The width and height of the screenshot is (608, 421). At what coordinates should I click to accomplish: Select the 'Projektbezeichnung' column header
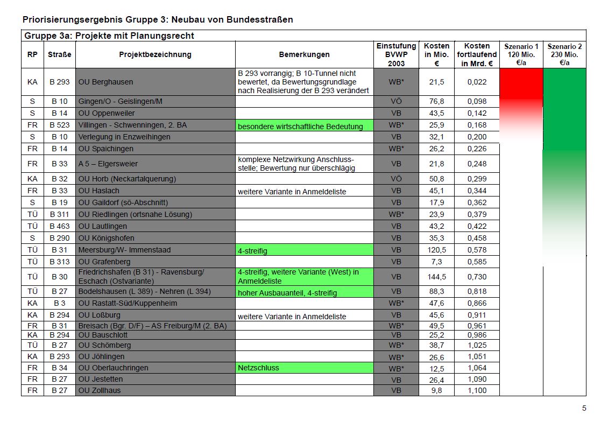tap(155, 54)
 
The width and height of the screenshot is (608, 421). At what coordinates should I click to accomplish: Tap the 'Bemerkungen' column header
tap(304, 54)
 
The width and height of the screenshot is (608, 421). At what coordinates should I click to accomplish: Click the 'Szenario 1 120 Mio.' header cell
tap(521, 54)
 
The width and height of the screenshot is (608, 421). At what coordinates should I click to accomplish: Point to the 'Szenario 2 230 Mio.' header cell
tap(564, 54)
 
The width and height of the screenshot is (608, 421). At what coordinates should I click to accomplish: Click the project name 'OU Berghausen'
tap(105, 82)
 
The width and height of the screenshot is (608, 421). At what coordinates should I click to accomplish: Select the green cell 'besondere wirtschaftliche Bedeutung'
tap(304, 126)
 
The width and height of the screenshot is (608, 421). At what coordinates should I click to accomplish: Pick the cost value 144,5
tap(436, 277)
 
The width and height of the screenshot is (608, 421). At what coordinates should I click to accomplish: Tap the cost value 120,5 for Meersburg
tap(436, 250)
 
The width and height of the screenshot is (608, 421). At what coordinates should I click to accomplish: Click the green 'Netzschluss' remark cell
tap(304, 368)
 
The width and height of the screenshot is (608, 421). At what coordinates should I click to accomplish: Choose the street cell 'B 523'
tap(59, 125)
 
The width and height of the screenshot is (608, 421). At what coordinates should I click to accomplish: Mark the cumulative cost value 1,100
tap(477, 390)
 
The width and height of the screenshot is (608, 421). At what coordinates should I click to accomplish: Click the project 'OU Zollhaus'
tap(100, 390)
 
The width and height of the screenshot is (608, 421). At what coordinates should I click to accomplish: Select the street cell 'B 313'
tap(59, 262)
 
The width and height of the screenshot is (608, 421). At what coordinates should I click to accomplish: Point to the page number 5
tap(584, 408)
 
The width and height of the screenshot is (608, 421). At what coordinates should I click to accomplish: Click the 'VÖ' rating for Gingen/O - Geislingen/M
tap(396, 101)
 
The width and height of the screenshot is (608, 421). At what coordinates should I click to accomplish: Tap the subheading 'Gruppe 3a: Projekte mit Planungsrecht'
tap(109, 36)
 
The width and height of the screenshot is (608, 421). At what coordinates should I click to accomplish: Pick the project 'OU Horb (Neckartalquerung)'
tap(127, 179)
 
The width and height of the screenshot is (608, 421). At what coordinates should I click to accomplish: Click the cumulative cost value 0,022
tap(477, 82)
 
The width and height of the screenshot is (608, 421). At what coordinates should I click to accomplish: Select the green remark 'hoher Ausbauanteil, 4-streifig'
tap(304, 292)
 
